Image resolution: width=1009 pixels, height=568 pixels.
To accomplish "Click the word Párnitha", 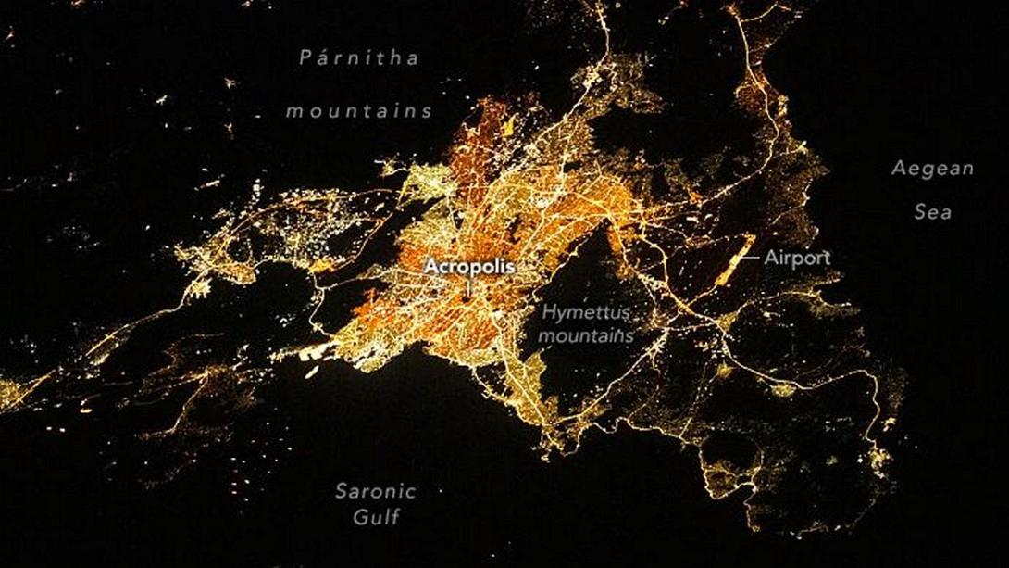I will (x=359, y=57).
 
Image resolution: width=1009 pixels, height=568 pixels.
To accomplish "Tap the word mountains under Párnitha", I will (x=358, y=111).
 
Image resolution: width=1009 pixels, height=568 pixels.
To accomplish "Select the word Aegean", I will (x=932, y=169).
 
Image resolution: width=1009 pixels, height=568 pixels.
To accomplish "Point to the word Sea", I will (x=932, y=212).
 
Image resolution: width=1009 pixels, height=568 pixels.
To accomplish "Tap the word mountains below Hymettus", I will (x=587, y=334).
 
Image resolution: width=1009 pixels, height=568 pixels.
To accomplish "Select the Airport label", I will (x=797, y=258).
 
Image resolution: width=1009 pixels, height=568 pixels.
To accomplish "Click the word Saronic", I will (x=375, y=491).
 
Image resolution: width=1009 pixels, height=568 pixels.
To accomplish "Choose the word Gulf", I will (x=376, y=517).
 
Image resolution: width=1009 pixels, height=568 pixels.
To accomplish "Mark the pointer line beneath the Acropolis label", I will (x=468, y=286).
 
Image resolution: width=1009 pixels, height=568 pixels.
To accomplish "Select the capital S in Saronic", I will (x=341, y=491).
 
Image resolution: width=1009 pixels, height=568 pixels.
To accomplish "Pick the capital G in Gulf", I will (x=358, y=517).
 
